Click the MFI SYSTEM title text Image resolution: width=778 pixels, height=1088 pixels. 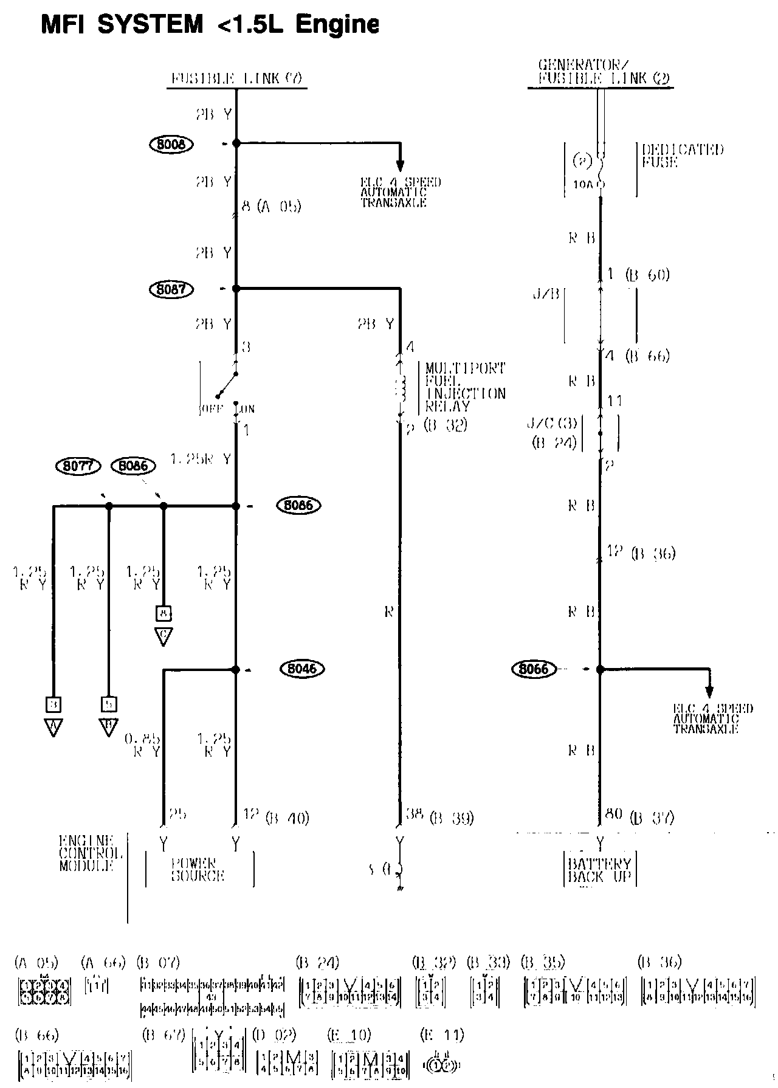point(210,24)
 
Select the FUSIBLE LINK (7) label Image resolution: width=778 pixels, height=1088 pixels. point(236,78)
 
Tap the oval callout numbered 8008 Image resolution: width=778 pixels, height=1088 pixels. point(171,144)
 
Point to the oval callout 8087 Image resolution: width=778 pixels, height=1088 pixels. point(171,289)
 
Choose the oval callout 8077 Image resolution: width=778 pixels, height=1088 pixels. point(77,466)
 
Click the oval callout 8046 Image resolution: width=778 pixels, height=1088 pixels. point(302,669)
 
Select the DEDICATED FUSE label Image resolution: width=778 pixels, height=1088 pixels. point(683,156)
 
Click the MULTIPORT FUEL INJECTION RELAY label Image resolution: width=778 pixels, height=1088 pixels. point(465,387)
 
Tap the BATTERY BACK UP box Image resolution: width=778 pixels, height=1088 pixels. point(599,870)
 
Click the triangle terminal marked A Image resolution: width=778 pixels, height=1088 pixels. point(53,728)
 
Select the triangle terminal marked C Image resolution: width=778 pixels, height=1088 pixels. point(163,636)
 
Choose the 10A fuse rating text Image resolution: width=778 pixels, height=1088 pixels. point(582,184)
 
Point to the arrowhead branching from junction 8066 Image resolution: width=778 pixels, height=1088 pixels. point(709,691)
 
